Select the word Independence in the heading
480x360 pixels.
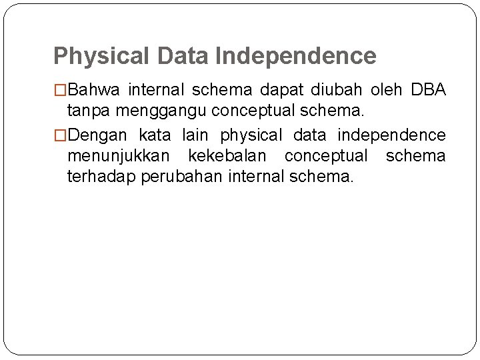296,56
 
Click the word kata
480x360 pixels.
154,135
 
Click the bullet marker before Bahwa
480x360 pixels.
60,89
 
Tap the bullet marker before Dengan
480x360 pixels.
60,136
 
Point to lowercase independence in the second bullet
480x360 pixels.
391,135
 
